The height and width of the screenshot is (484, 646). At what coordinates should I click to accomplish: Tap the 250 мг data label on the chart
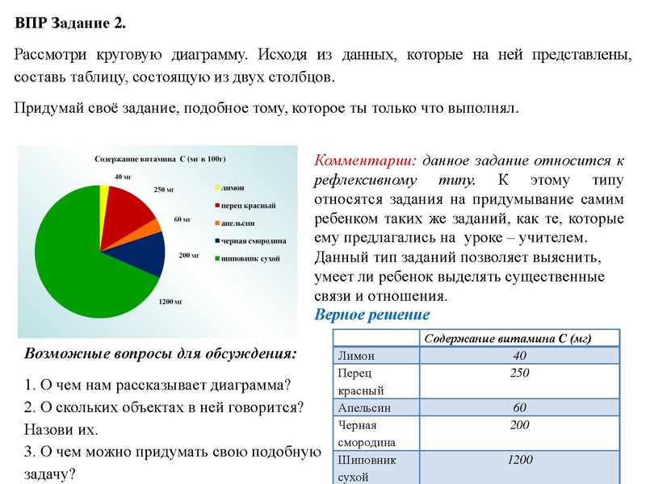[x=165, y=190]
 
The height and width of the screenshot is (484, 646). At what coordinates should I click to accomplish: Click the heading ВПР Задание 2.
[x=70, y=23]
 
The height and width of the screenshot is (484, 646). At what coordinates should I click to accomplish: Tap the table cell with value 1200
[x=519, y=460]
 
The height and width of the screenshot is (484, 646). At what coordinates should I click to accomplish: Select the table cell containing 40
[x=519, y=356]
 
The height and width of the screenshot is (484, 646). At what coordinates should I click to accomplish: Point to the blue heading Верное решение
[x=371, y=315]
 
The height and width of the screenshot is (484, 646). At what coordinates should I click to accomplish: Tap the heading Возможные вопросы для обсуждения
[x=161, y=353]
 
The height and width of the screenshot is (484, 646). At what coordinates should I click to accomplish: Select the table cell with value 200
[x=519, y=425]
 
